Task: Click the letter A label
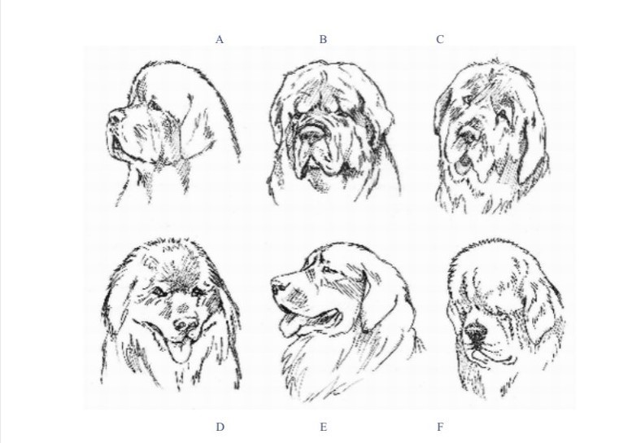[x=220, y=40]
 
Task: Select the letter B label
[x=323, y=40]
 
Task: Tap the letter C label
[x=440, y=40]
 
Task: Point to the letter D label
[x=220, y=427]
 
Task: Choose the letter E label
[x=323, y=427]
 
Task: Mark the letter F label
[x=440, y=427]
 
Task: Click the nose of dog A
[x=115, y=116]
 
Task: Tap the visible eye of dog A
[x=153, y=105]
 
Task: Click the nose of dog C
[x=468, y=135]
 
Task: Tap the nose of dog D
[x=185, y=325]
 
